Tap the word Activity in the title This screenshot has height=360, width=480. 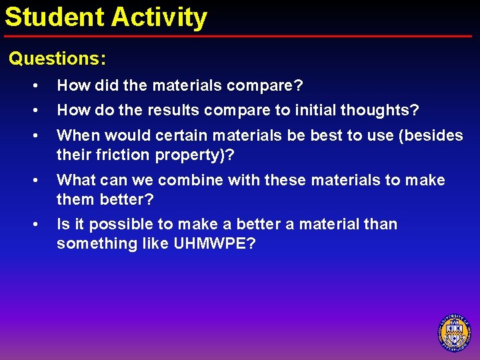(159, 17)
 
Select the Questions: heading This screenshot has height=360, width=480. (57, 59)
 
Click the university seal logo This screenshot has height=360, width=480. (454, 332)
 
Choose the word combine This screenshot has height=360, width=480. (191, 180)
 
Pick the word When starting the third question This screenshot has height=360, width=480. (77, 135)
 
